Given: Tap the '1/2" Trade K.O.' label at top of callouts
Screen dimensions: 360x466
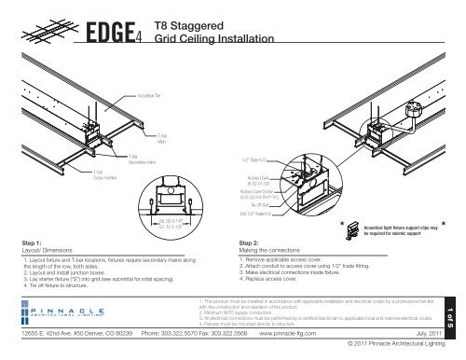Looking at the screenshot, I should pos(244,160).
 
